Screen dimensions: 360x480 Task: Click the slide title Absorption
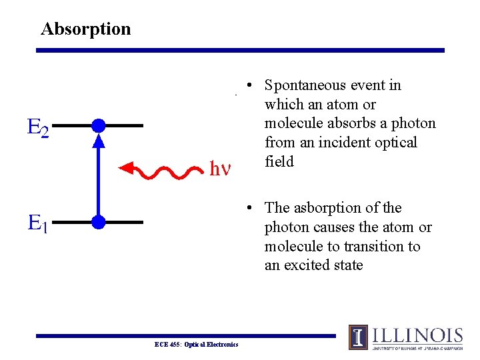click(85, 29)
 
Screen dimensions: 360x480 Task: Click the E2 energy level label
click(38, 127)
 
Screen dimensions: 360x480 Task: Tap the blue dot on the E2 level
click(99, 125)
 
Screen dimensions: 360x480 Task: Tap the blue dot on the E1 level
click(99, 222)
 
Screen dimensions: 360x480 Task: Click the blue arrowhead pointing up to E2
click(99, 140)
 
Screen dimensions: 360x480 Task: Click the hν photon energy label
click(221, 169)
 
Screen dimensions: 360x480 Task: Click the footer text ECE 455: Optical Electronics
click(196, 344)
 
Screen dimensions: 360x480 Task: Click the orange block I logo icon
click(358, 337)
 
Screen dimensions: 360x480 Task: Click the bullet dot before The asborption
click(248, 209)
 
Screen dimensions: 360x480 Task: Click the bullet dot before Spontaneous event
click(248, 86)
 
